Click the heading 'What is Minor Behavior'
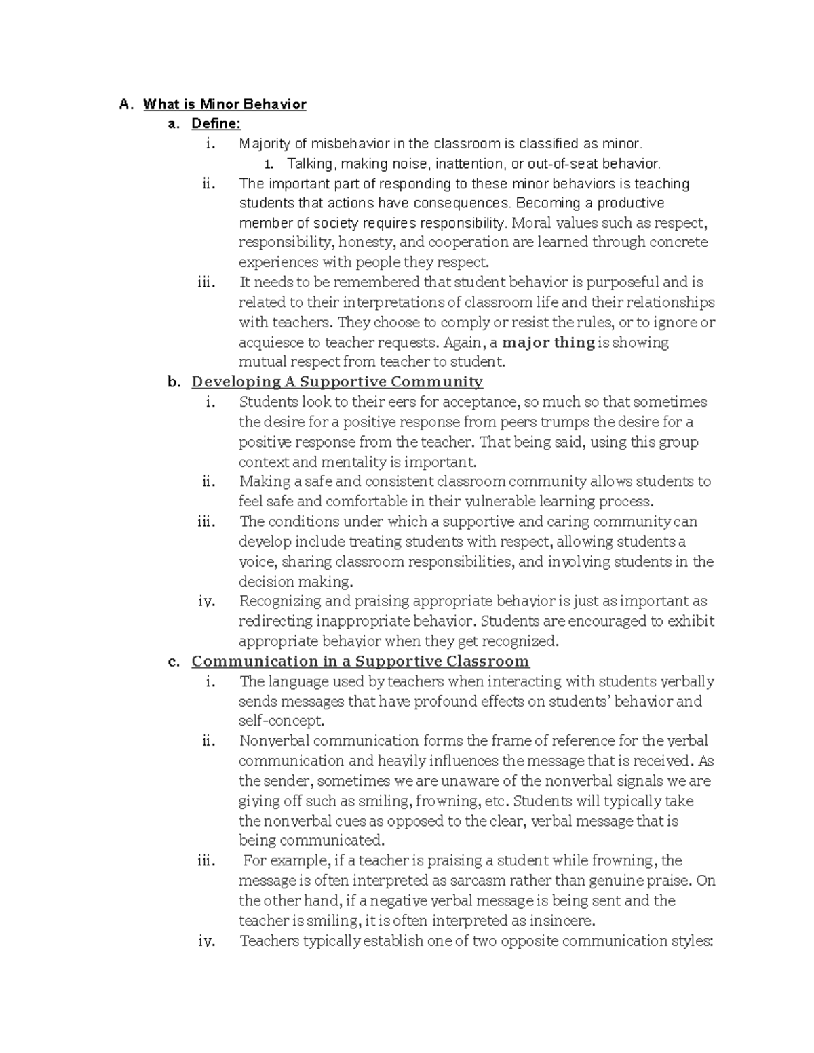[x=225, y=104]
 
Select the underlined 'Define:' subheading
[x=216, y=124]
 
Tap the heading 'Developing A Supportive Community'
[x=337, y=382]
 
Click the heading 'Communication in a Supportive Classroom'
[x=360, y=662]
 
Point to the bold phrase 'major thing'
[x=548, y=342]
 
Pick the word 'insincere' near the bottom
[x=564, y=921]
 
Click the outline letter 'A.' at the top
[x=124, y=104]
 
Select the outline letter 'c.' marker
[x=174, y=662]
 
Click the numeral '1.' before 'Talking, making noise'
[x=269, y=164]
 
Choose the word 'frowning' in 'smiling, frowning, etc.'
[x=445, y=801]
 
